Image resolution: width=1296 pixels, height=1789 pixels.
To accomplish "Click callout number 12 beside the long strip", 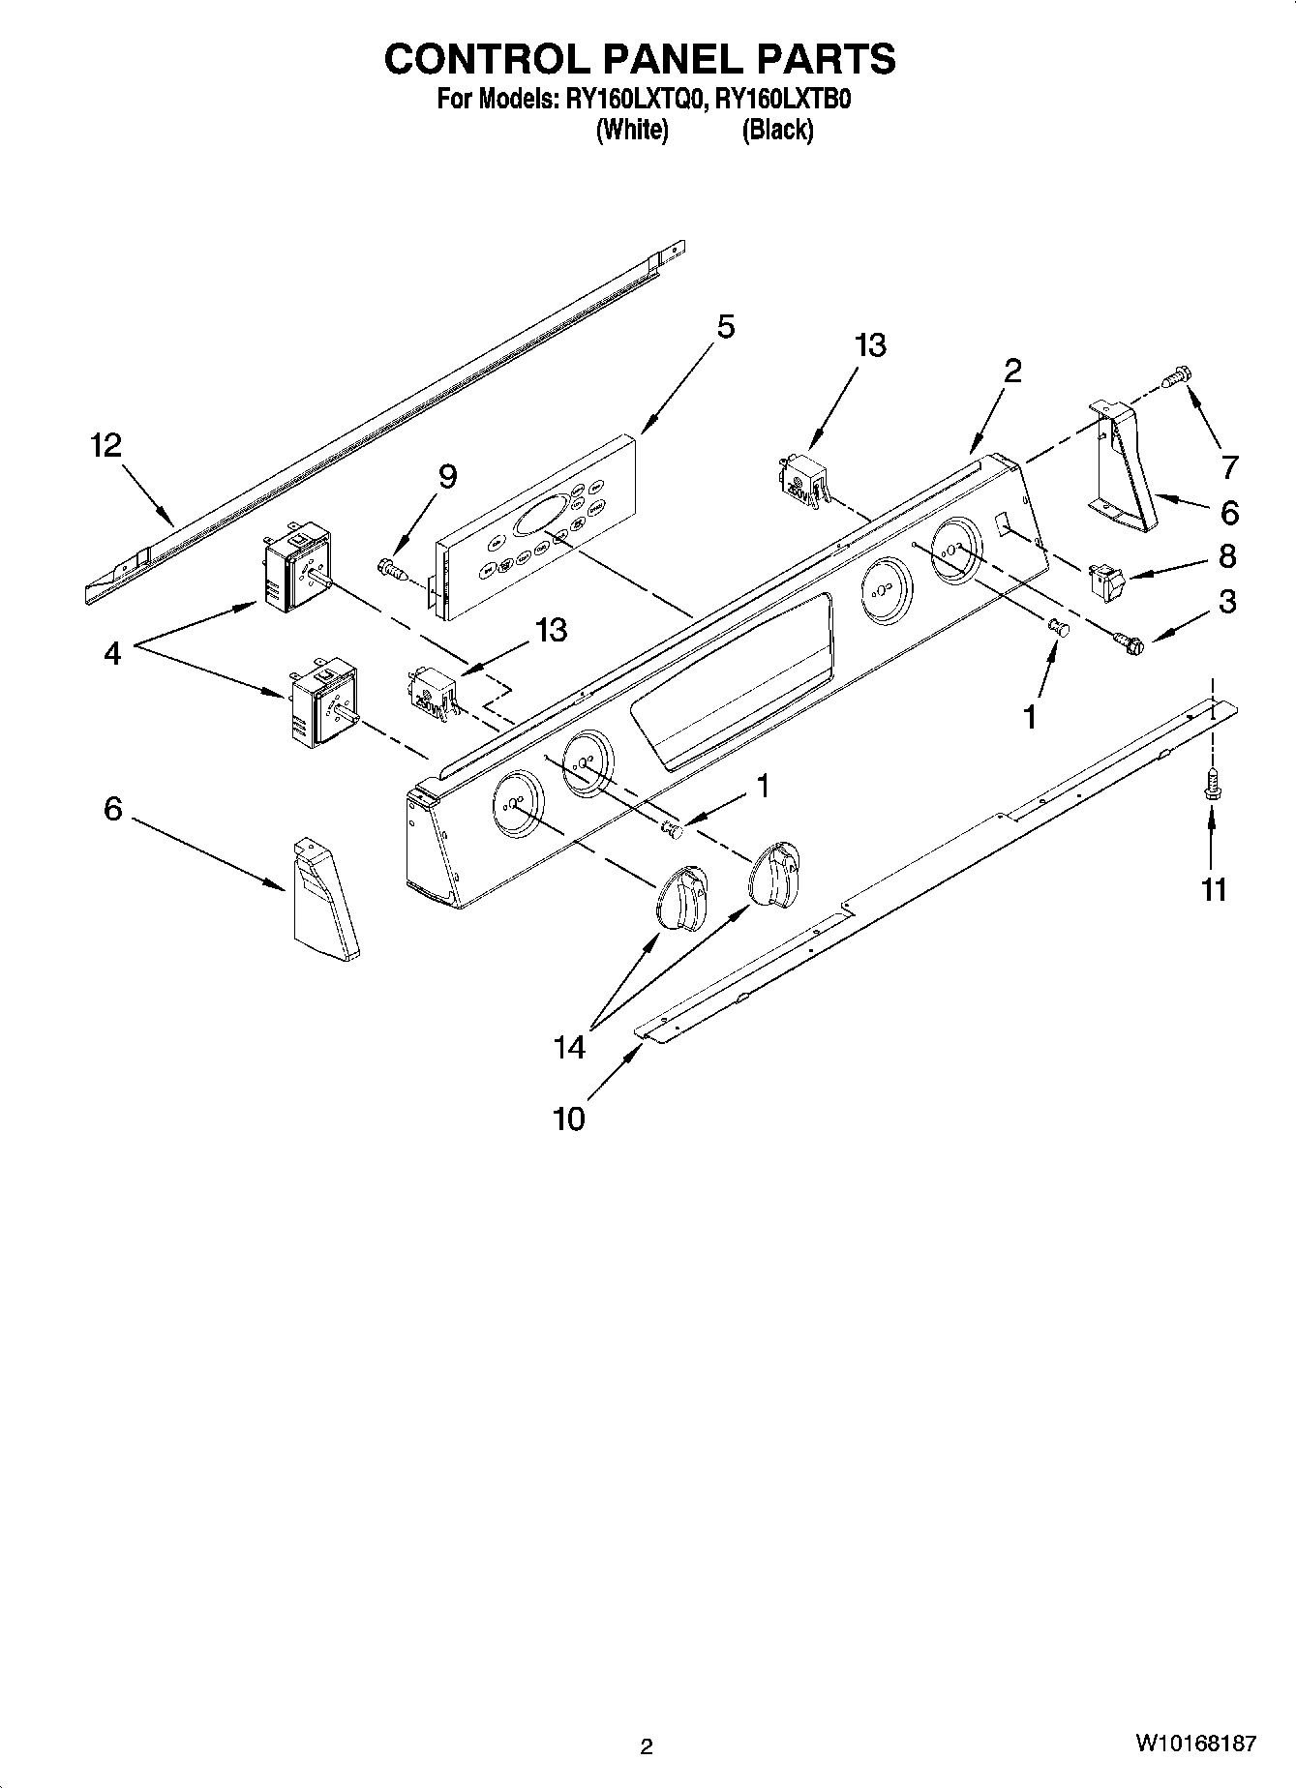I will click(106, 446).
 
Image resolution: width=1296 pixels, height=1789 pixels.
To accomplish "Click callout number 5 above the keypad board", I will click(725, 327).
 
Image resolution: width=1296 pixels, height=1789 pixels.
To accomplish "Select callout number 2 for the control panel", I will click(1012, 371).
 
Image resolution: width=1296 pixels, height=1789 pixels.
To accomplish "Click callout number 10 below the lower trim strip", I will click(569, 1119).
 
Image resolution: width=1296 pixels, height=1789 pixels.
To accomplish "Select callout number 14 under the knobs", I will click(570, 1047).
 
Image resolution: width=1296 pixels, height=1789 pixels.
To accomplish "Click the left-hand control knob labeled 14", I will click(682, 899).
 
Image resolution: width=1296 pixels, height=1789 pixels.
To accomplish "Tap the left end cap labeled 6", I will click(323, 900).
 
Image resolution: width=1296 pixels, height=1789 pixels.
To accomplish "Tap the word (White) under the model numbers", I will click(632, 130).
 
